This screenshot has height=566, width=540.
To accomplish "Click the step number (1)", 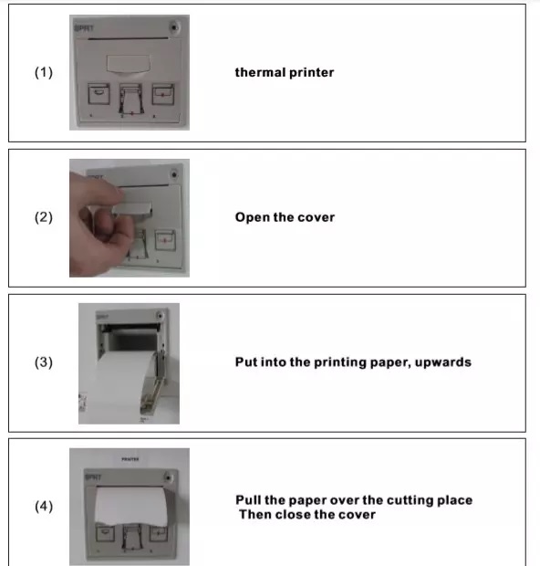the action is [x=44, y=72].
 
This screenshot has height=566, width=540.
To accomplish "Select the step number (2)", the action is [x=44, y=217].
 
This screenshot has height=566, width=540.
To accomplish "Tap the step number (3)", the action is [x=44, y=362].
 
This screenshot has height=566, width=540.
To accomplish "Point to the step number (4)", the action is [x=44, y=506].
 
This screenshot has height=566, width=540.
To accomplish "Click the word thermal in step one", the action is [x=261, y=72].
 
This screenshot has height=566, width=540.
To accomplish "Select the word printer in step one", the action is [x=312, y=72].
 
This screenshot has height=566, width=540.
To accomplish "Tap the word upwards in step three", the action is [x=443, y=362].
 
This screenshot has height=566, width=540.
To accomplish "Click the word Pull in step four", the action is [x=248, y=500].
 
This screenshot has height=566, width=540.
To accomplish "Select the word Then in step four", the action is [x=255, y=514].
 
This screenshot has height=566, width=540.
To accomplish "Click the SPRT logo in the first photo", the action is [x=84, y=28].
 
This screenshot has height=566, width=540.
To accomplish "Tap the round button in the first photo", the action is [x=174, y=27].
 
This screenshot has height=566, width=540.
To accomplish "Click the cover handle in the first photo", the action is [x=128, y=64].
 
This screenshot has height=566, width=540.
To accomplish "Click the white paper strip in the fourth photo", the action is [x=131, y=506].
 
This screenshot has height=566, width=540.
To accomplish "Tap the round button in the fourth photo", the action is [x=168, y=477].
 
